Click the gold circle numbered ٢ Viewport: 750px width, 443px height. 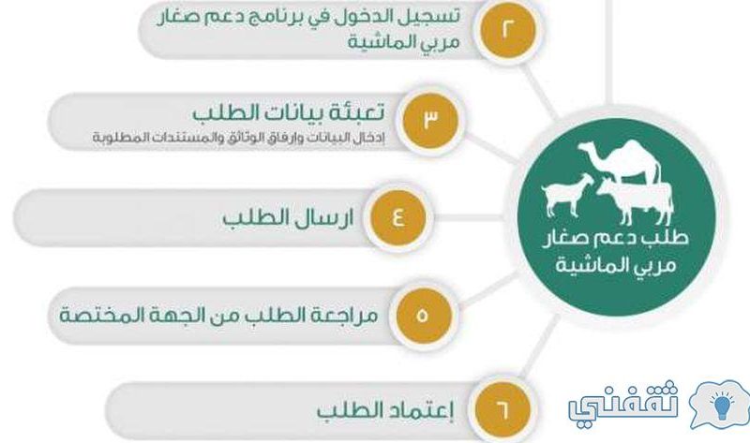coord(507,30)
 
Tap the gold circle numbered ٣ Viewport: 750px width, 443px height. coord(430,121)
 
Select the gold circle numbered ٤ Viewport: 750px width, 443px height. coord(398,217)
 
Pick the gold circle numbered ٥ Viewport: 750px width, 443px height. coord(423,315)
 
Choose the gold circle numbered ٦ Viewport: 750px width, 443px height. coord(502,409)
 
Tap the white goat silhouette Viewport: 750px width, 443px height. coord(567,195)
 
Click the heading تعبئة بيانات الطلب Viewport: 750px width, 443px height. coord(289,113)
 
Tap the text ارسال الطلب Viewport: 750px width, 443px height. coord(288,218)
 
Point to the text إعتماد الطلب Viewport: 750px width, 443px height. coord(385,411)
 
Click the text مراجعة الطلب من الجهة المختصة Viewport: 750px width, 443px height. coord(218,316)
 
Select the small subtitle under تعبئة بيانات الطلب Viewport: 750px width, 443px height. coord(238,138)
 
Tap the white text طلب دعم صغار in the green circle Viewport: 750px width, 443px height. coord(615,238)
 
